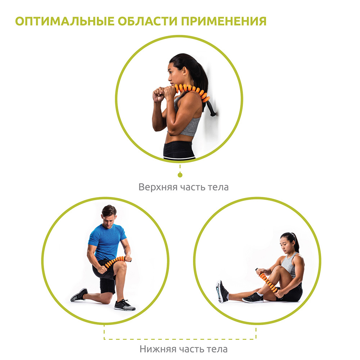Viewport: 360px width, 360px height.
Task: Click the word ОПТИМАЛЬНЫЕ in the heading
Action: coord(65,21)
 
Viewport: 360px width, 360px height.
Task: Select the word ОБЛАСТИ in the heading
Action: coord(148,21)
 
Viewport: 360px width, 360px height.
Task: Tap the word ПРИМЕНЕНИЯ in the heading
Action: coord(224,21)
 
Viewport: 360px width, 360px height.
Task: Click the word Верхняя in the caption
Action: coord(158,187)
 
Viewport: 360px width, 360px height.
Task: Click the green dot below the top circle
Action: coord(180,175)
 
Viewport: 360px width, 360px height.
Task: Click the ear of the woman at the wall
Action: coord(185,71)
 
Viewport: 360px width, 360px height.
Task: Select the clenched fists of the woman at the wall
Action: coord(163,94)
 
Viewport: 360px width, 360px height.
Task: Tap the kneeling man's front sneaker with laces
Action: coord(125,305)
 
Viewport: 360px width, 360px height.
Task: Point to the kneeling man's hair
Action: coord(109,210)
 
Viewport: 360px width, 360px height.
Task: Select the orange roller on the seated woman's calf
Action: coord(268,282)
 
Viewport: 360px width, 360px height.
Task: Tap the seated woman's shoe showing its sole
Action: coord(221,291)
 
